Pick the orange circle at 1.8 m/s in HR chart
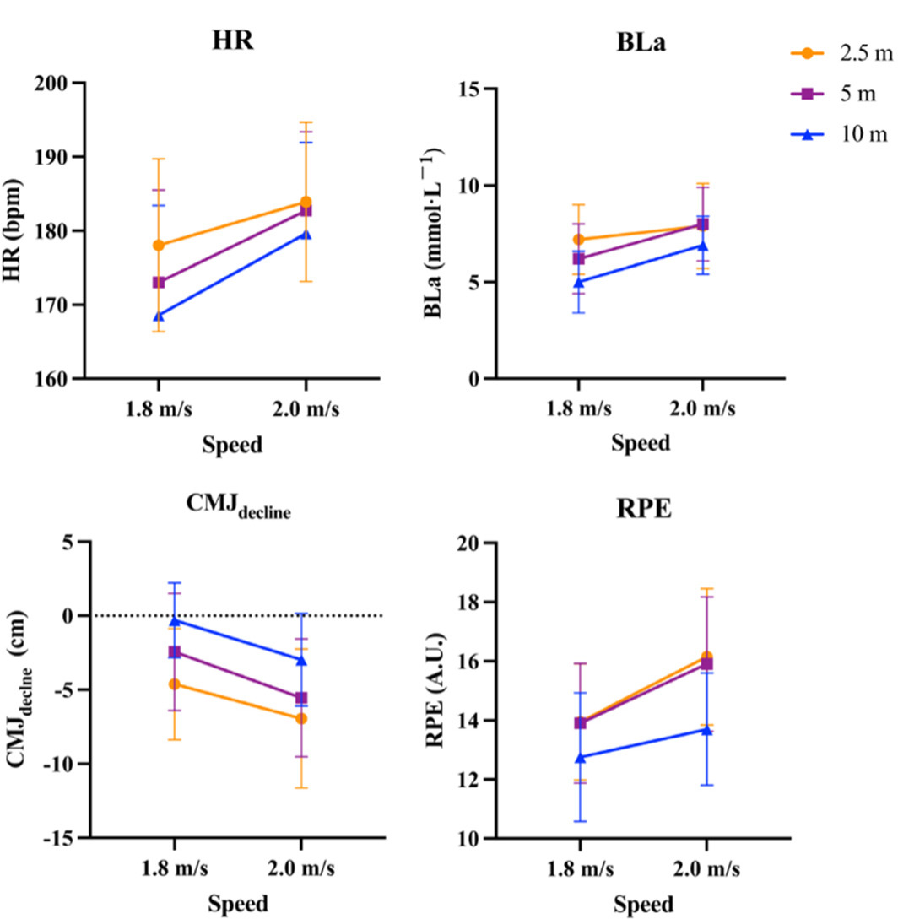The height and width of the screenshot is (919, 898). pyautogui.click(x=159, y=246)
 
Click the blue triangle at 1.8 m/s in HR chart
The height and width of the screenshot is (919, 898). pyautogui.click(x=159, y=316)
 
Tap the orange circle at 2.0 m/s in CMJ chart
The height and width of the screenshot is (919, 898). pyautogui.click(x=301, y=718)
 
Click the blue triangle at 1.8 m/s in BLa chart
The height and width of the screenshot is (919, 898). pyautogui.click(x=578, y=282)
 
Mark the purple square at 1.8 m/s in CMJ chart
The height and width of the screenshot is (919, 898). pyautogui.click(x=175, y=651)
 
